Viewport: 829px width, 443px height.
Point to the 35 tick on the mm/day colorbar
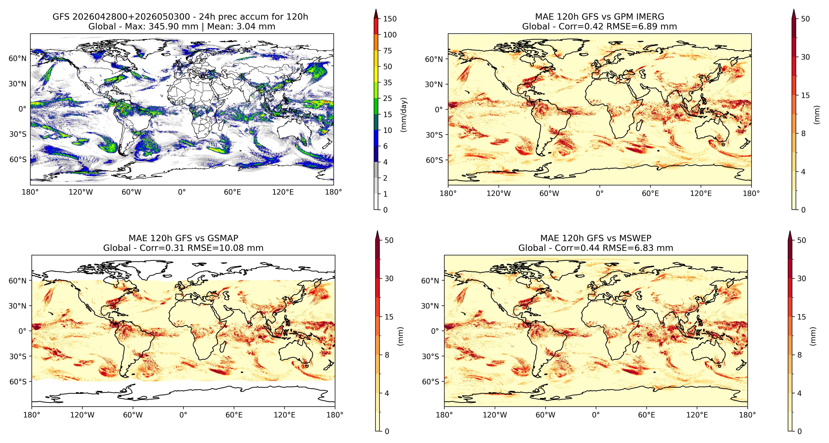coord(388,83)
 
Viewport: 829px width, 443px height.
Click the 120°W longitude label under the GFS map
coord(81,192)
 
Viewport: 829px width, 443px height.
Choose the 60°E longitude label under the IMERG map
coord(650,194)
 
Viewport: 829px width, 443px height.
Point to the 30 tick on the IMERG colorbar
coord(805,57)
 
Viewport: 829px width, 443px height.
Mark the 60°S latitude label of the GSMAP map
coord(18,382)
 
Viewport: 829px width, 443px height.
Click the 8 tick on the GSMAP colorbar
coord(387,355)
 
